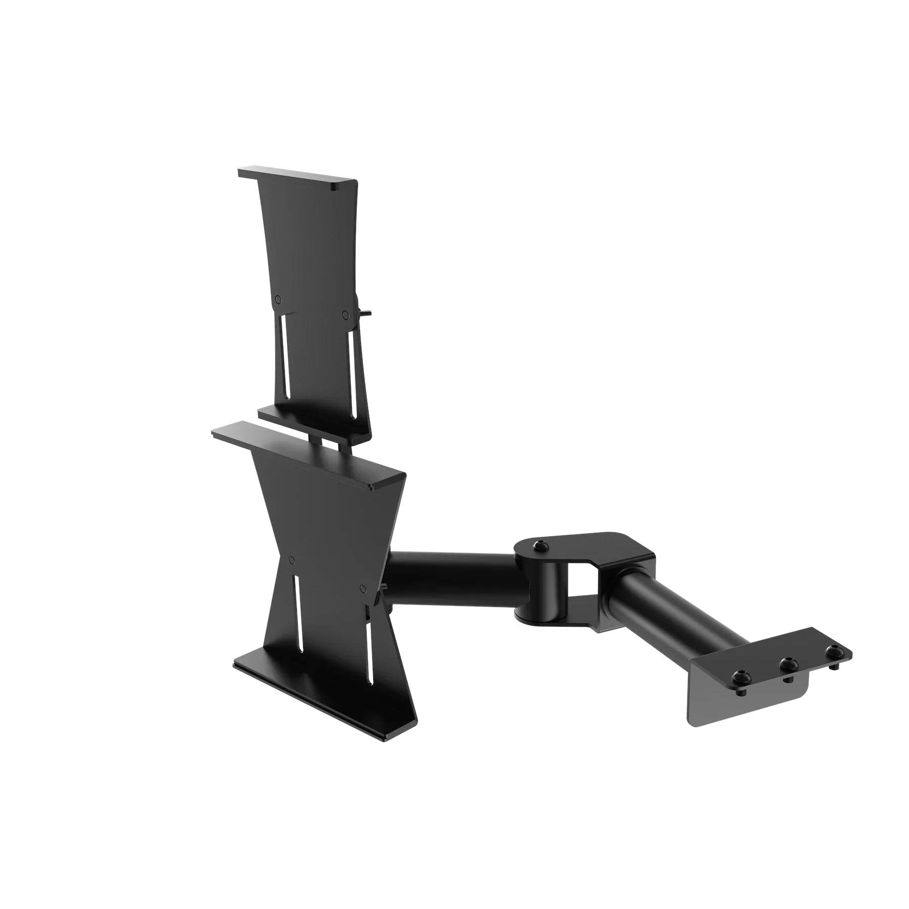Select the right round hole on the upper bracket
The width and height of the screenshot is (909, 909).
(345, 315)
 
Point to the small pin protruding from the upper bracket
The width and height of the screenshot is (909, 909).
(368, 313)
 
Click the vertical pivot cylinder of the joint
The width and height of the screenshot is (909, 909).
(543, 586)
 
